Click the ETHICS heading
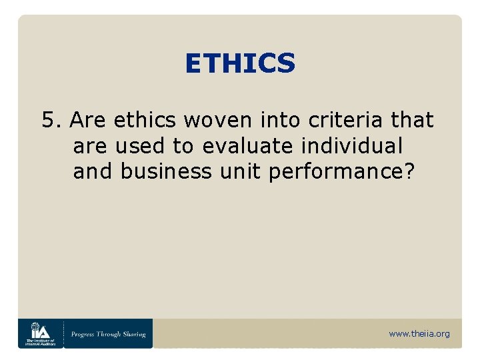240,63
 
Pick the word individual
355,146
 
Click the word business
157,171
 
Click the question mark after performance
409,171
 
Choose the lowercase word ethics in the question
145,121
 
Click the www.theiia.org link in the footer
419,333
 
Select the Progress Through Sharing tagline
109,333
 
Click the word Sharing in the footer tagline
133,333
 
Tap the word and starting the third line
93,171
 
